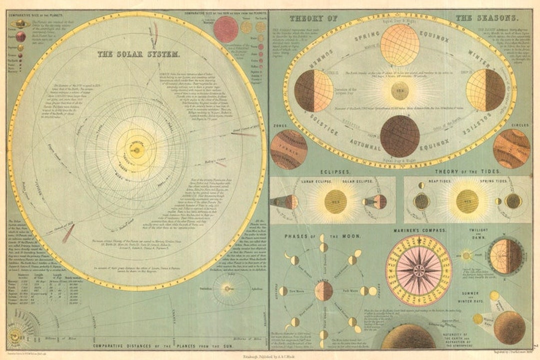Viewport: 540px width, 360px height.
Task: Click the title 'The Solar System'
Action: coord(138,53)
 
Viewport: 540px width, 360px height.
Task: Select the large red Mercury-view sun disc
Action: coord(226,29)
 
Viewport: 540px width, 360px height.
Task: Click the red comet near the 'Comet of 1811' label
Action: coord(68,233)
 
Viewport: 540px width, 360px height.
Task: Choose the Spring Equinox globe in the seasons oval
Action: coord(399,45)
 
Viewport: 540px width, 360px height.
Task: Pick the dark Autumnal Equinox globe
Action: coord(399,135)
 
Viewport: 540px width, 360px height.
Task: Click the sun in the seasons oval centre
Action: coord(399,91)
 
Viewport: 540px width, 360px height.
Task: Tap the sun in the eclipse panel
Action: coord(335,201)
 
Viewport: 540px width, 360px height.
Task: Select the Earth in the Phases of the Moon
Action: coord(323,291)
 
